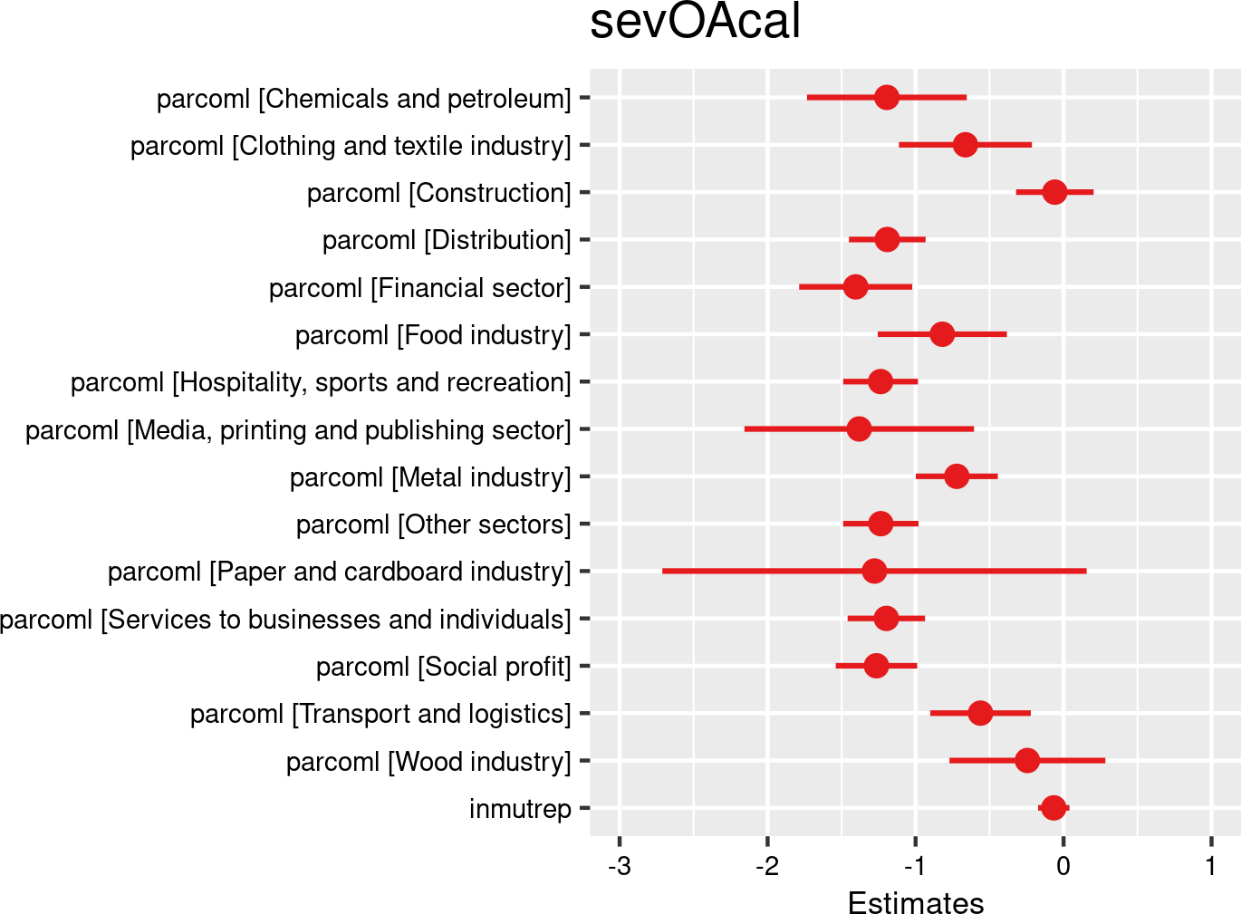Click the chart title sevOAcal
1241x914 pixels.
[695, 22]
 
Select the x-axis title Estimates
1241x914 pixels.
[915, 902]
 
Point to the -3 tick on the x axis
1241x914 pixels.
[620, 866]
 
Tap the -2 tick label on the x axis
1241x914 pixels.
[767, 866]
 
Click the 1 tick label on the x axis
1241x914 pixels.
[1211, 866]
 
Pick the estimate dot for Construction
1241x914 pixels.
[1054, 192]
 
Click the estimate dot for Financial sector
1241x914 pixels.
[855, 287]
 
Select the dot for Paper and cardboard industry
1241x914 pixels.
[874, 571]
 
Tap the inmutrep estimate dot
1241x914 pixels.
[1053, 808]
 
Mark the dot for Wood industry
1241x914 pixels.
[1027, 760]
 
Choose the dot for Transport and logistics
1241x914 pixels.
[980, 713]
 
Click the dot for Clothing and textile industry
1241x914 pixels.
[966, 145]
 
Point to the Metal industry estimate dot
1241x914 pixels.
[957, 476]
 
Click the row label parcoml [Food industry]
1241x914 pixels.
[433, 335]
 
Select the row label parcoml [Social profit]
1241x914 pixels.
[443, 667]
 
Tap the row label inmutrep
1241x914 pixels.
[520, 809]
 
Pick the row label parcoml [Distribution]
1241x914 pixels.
[447, 240]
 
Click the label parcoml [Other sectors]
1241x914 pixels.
[433, 524]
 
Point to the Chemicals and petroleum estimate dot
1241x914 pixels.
[887, 97]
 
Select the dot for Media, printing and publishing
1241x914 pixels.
[859, 428]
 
